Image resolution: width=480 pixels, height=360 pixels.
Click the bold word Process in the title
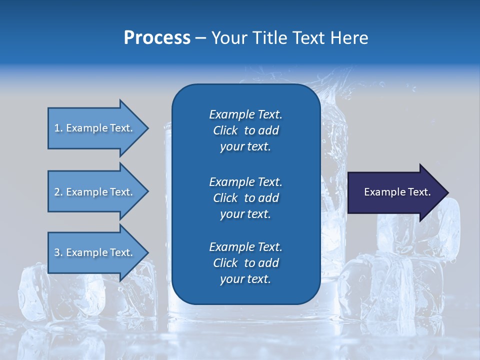click(157, 38)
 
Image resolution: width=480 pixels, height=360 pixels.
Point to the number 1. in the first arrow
click(58, 128)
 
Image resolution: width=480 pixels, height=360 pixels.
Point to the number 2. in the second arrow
click(58, 192)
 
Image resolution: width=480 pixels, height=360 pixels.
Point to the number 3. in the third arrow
click(58, 252)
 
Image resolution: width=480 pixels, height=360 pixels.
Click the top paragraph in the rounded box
click(245, 130)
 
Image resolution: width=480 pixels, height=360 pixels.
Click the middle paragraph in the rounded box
click(245, 198)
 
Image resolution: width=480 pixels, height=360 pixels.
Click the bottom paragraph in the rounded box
click(245, 263)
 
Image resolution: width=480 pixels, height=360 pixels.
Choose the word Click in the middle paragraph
click(225, 198)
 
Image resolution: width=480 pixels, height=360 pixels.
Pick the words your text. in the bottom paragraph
click(245, 279)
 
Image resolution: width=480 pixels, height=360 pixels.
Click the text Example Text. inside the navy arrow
click(397, 192)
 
